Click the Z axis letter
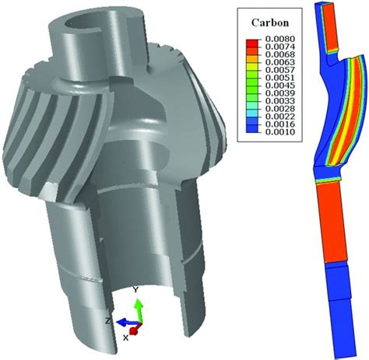pyautogui.click(x=109, y=320)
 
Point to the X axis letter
pyautogui.click(x=125, y=337)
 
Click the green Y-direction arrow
pyautogui.click(x=137, y=308)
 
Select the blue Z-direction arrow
pyautogui.click(x=123, y=320)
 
